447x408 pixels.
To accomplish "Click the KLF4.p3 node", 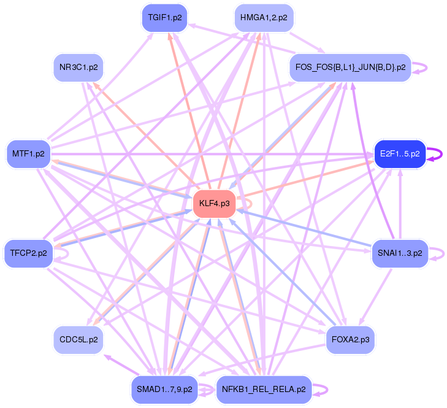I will coord(215,203).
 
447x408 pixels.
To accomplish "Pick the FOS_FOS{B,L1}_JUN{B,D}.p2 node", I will coord(351,67).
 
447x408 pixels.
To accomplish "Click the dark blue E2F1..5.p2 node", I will coord(400,154).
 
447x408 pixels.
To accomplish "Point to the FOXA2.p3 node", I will coord(350,339).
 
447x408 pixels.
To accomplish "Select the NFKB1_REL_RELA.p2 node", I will coord(264,389).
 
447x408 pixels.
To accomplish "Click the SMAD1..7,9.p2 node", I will coord(164,389).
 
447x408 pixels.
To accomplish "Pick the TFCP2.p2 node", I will coord(29,253).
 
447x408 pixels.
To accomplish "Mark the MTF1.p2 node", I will coord(29,154).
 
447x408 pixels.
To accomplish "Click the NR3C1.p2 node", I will coord(78,67).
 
